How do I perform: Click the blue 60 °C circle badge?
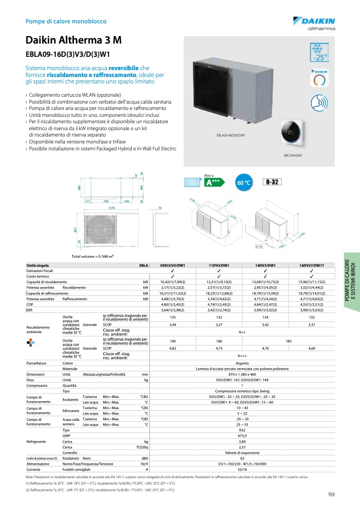click(x=242, y=183)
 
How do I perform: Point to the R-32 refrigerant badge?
click(x=273, y=182)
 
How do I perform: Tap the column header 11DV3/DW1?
click(x=219, y=265)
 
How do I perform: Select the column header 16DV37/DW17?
click(x=312, y=265)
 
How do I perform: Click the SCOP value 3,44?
click(x=172, y=324)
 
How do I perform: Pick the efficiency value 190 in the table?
click(x=172, y=342)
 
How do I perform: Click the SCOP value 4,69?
click(x=312, y=349)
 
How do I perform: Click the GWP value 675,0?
click(x=242, y=435)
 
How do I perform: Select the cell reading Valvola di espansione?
click(x=242, y=453)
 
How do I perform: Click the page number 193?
click(x=331, y=495)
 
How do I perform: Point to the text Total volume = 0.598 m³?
click(x=93, y=257)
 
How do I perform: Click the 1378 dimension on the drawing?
click(x=112, y=208)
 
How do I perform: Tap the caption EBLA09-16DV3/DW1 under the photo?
click(x=231, y=135)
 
